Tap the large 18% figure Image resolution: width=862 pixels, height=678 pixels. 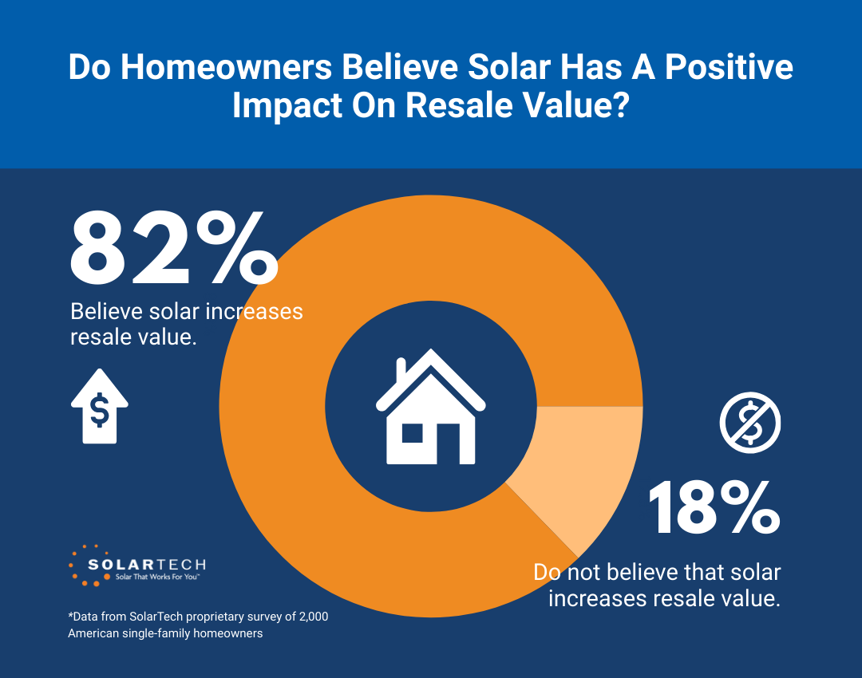[x=713, y=508]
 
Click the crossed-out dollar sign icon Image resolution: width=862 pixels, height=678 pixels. [x=750, y=422]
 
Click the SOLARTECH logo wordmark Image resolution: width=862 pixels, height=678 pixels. [x=147, y=564]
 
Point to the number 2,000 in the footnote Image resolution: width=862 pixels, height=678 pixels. [x=312, y=617]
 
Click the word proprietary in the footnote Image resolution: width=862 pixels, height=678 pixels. [x=213, y=617]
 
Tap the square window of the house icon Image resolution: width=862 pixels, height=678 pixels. [x=412, y=433]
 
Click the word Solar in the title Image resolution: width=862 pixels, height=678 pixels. [x=531, y=68]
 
